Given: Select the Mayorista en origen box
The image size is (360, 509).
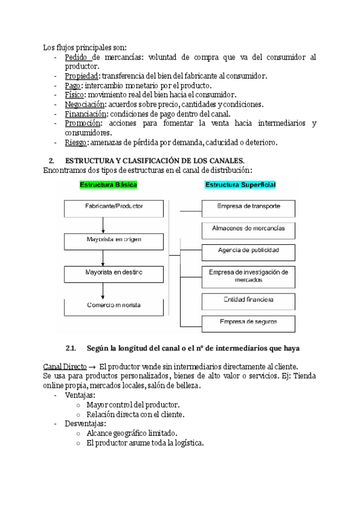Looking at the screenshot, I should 113,241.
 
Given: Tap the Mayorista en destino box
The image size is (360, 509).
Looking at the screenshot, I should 113,273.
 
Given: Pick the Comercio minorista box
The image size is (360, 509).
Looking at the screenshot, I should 113,306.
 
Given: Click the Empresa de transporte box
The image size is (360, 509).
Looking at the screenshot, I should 248,208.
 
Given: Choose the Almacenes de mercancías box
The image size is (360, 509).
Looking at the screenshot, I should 248,229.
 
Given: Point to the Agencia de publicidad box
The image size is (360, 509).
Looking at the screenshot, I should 248,250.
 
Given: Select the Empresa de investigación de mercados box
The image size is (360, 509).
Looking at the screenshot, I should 248,276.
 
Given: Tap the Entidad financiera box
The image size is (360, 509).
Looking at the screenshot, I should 248,300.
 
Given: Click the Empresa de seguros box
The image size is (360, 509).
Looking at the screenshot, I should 248,322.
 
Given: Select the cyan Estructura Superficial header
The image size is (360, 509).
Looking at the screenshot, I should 241,185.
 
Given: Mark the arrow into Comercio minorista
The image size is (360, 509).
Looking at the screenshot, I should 104,290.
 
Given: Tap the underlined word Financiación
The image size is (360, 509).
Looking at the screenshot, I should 86,113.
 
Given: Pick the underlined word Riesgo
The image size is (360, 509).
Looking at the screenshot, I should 76,142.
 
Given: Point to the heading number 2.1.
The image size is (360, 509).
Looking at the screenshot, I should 71,349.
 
